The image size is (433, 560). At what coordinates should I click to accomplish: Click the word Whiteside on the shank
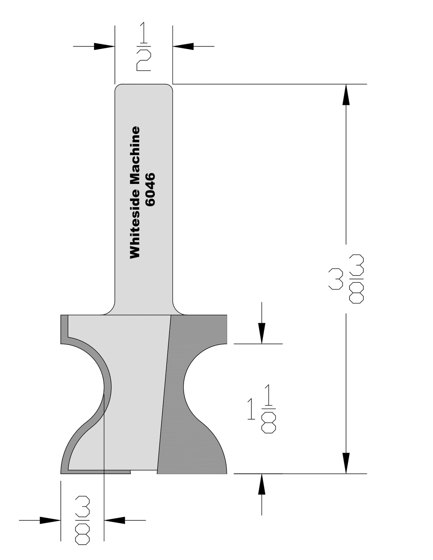click(x=135, y=227)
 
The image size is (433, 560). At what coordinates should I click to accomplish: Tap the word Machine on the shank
click(x=135, y=159)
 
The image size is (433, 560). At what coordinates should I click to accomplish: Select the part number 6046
click(x=151, y=190)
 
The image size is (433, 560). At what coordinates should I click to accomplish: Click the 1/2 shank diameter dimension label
click(x=144, y=46)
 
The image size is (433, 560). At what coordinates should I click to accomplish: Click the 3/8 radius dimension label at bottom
click(x=82, y=520)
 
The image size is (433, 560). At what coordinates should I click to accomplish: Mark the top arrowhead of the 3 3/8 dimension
click(x=346, y=95)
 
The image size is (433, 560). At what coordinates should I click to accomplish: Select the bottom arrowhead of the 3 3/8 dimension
click(x=346, y=463)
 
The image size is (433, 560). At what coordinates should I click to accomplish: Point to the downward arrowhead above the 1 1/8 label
click(x=262, y=333)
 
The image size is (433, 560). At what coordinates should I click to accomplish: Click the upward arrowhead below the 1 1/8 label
click(x=262, y=484)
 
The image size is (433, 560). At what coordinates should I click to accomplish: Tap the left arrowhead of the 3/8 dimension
click(x=50, y=520)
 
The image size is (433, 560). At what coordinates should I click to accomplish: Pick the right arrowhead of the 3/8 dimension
click(x=114, y=520)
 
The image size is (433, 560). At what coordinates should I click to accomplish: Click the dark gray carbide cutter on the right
click(x=194, y=410)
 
